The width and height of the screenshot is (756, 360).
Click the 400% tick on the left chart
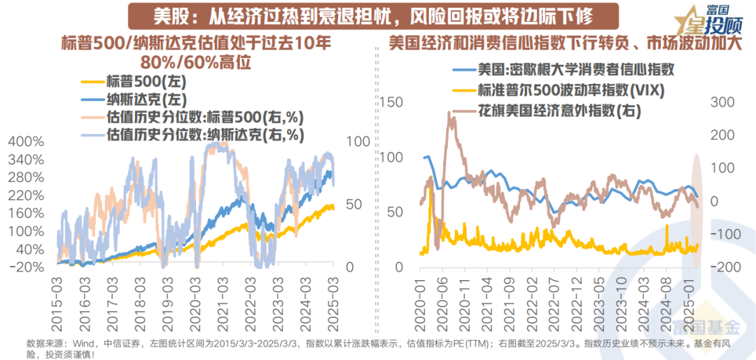pos(26,141)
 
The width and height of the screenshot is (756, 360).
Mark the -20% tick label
pos(27,268)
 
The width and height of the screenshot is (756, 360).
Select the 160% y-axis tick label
pos(26,214)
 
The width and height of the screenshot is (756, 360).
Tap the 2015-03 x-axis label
pos(57,296)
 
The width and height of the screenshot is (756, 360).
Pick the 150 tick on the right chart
pos(395,102)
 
